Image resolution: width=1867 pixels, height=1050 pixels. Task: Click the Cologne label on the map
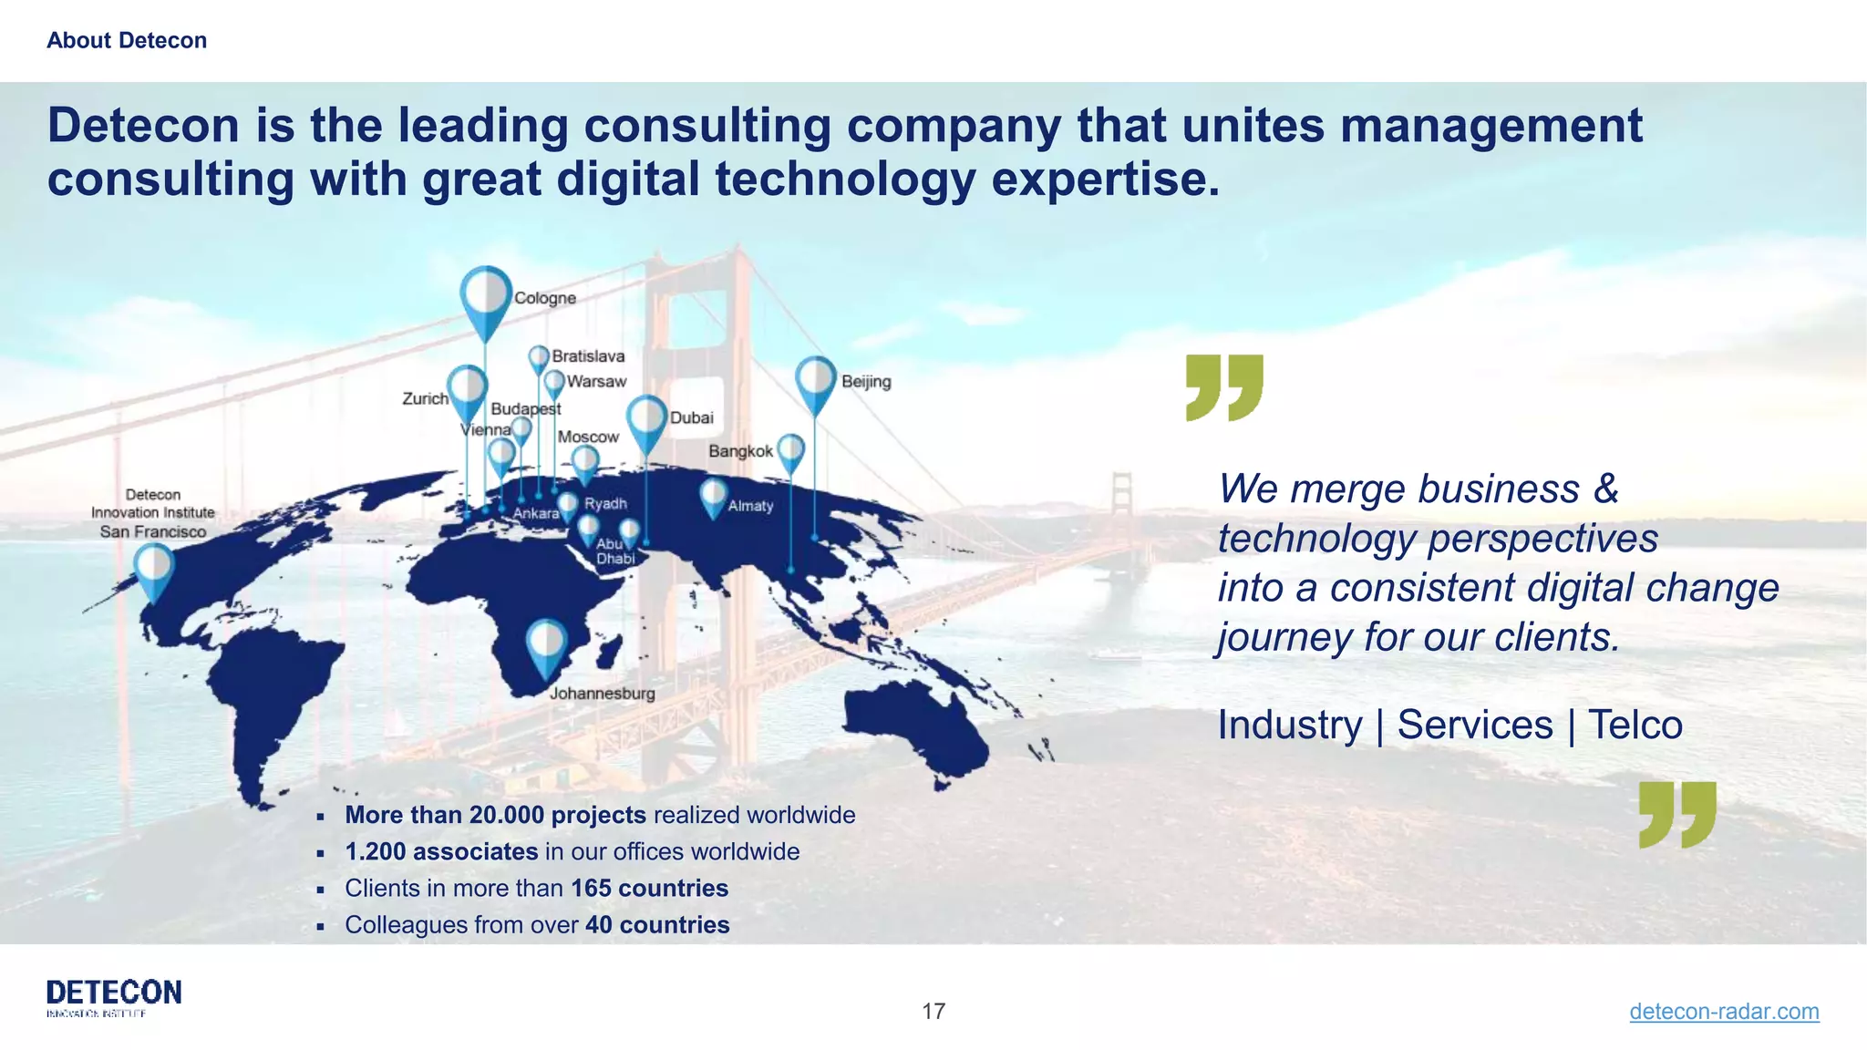click(x=545, y=298)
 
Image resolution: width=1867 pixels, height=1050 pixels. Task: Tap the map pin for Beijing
click(x=815, y=380)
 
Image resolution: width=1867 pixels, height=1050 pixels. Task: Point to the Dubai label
click(x=692, y=417)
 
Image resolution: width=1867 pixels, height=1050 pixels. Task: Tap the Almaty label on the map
click(x=750, y=506)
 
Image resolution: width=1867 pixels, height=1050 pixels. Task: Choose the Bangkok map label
click(x=740, y=451)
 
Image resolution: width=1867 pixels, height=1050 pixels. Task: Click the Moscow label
click(x=588, y=437)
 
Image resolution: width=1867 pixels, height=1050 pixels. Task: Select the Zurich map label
click(x=425, y=398)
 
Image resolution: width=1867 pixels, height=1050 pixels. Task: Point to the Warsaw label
click(x=596, y=381)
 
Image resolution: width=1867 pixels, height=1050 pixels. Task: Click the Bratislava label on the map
click(x=588, y=355)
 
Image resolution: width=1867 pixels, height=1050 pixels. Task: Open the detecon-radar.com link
click(x=1724, y=1011)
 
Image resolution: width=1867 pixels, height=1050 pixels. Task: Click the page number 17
click(x=933, y=1011)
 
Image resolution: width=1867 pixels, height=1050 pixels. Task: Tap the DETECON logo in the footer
click(x=114, y=996)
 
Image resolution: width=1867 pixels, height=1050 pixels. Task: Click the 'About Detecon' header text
click(x=127, y=40)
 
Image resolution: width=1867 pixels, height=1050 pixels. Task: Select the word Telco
click(x=1635, y=726)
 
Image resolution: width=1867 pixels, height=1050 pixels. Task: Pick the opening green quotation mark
click(x=1224, y=387)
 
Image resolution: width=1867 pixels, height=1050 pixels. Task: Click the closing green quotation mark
click(x=1677, y=814)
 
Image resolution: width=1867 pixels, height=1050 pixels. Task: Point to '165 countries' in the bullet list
click(x=650, y=888)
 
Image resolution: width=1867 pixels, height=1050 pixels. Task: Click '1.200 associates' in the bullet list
click(x=441, y=851)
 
